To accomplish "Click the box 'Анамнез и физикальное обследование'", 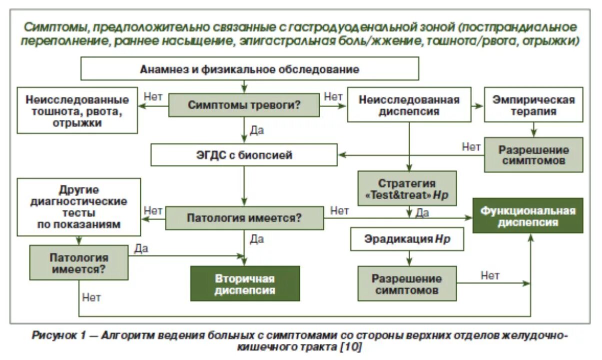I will pyautogui.click(x=249, y=69).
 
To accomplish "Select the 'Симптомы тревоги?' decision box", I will pyautogui.click(x=244, y=105).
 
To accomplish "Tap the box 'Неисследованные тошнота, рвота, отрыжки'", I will pyautogui.click(x=77, y=110).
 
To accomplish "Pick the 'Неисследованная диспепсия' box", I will pyautogui.click(x=409, y=105).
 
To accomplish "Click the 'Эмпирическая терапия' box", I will pyautogui.click(x=533, y=105).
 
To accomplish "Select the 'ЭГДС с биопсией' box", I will pyautogui.click(x=244, y=155).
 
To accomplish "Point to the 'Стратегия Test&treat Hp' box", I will pyautogui.click(x=407, y=189).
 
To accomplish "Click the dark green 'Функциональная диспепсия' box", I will pyautogui.click(x=528, y=216).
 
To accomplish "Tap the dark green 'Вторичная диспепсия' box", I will pyautogui.click(x=245, y=284).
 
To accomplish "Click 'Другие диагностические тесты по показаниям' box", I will pyautogui.click(x=78, y=207).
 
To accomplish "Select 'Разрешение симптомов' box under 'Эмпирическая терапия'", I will pyautogui.click(x=533, y=155).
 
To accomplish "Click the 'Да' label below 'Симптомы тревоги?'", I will pyautogui.click(x=256, y=130).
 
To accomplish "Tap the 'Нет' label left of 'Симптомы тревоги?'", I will pyautogui.click(x=152, y=96).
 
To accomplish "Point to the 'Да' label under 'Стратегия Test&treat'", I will pyautogui.click(x=422, y=213).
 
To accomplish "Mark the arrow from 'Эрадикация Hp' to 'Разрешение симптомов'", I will pyautogui.click(x=409, y=258).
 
